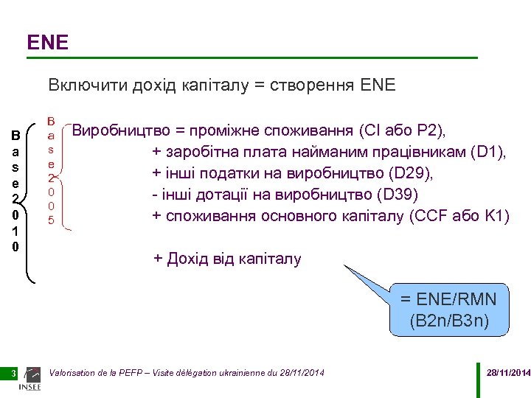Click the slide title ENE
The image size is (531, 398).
click(x=47, y=43)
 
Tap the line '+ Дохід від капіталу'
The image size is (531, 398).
click(x=227, y=259)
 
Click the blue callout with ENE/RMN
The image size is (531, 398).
click(x=448, y=310)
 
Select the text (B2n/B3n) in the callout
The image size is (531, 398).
click(x=448, y=321)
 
